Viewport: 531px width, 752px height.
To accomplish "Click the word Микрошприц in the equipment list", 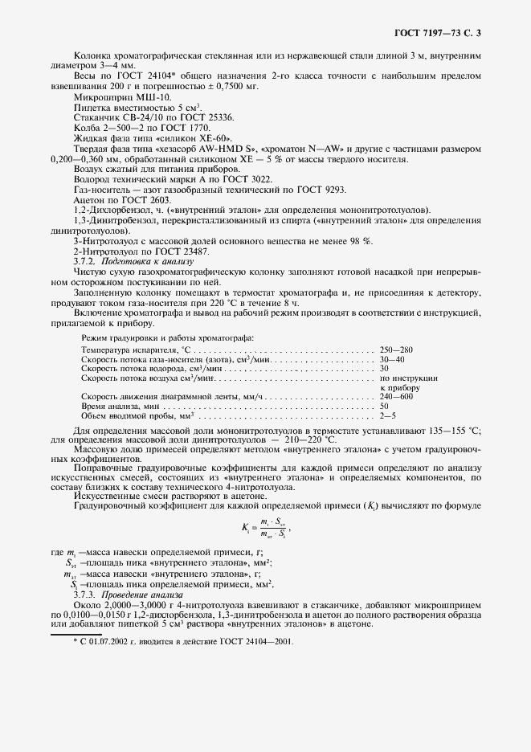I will click(97, 96).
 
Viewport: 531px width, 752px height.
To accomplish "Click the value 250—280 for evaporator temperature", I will click(396, 351).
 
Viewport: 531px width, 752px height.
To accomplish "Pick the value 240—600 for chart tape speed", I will click(396, 397).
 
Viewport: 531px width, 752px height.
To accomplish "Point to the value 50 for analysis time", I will click(385, 407).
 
